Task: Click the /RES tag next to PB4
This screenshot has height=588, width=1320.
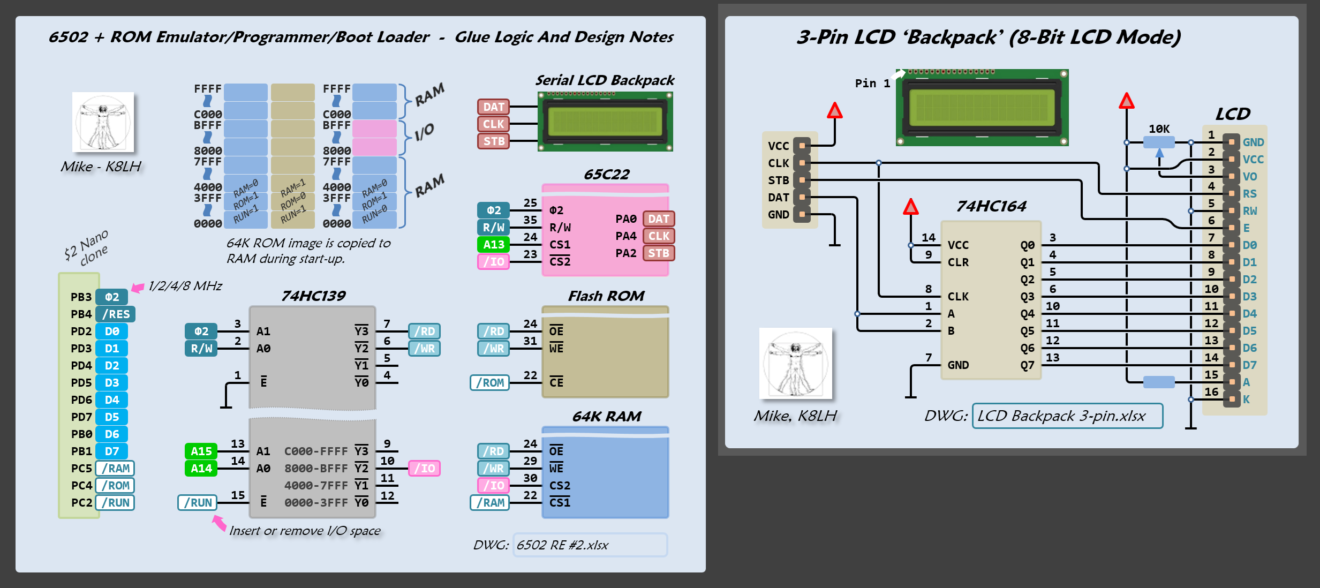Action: click(116, 314)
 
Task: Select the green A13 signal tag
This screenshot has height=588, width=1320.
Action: click(493, 245)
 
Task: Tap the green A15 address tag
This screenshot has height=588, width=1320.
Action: click(201, 451)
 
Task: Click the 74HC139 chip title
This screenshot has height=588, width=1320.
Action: click(313, 296)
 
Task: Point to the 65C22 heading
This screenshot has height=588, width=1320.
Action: click(606, 175)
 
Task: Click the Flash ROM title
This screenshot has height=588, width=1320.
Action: click(606, 296)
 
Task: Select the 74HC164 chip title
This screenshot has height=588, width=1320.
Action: click(991, 206)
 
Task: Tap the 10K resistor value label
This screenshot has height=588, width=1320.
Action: click(1159, 129)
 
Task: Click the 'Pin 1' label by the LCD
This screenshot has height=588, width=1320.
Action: click(872, 84)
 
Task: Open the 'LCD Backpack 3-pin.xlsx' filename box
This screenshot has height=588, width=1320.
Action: click(1067, 416)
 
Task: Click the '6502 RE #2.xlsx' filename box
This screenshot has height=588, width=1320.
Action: click(590, 545)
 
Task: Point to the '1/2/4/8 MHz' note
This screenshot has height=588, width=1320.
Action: click(185, 286)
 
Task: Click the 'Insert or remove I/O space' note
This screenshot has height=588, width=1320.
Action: click(305, 531)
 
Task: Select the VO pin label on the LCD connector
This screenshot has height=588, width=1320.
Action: click(1250, 177)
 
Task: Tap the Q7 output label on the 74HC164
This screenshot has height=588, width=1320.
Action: click(1027, 365)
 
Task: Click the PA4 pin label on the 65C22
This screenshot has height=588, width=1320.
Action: click(625, 236)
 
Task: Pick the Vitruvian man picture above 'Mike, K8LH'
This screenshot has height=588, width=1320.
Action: click(795, 363)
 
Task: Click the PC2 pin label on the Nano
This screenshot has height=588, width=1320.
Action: click(81, 503)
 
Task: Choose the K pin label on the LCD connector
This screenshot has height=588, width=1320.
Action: click(1246, 399)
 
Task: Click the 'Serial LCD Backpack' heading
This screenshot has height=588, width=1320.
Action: click(605, 80)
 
